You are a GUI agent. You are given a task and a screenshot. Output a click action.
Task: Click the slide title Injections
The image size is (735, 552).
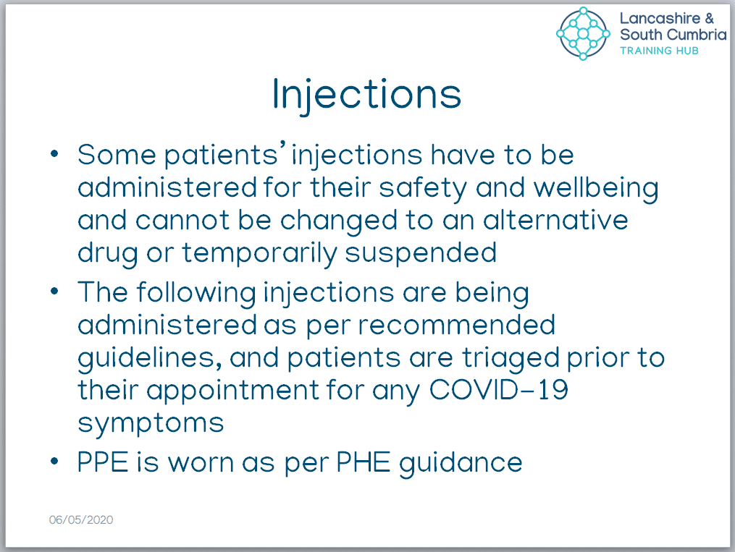[366, 95]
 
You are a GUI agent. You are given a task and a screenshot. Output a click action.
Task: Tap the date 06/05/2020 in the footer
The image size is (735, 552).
[81, 519]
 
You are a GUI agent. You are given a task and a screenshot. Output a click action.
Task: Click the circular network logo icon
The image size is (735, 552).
[583, 34]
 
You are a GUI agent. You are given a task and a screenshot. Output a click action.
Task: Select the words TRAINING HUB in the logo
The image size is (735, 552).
[659, 51]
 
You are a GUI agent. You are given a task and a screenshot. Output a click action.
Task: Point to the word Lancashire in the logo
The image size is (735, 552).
[660, 18]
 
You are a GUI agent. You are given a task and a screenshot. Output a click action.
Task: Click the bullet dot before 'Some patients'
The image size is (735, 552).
[54, 153]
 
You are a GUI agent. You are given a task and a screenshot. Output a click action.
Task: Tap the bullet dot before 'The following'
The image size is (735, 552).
[54, 292]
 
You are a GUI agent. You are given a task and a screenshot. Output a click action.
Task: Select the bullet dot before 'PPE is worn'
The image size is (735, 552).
[54, 461]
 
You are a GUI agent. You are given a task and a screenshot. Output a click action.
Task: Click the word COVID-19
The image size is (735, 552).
[499, 389]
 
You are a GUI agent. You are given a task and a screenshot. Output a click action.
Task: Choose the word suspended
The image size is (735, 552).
[421, 254]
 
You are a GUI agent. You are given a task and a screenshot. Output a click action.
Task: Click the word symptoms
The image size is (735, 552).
[151, 424]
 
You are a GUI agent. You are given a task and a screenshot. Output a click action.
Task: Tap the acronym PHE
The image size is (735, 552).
[364, 462]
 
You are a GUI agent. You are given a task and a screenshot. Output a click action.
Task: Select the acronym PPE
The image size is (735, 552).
[103, 462]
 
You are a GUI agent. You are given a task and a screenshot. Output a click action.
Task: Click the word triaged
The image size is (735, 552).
[511, 359]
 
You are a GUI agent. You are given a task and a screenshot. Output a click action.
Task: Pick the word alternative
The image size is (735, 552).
[555, 220]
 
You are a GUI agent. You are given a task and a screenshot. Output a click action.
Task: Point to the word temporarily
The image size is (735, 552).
[259, 254]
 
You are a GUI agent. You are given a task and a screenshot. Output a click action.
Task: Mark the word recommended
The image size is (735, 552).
[456, 325]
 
